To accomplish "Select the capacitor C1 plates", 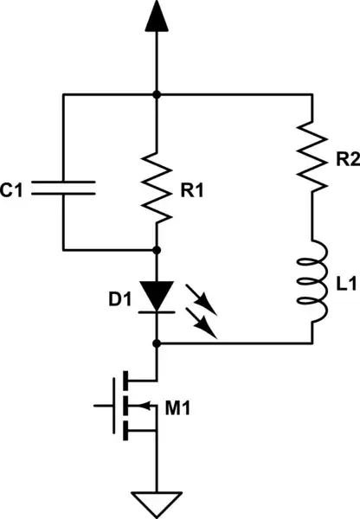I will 64,188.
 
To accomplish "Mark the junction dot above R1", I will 157,93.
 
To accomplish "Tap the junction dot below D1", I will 157,343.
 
